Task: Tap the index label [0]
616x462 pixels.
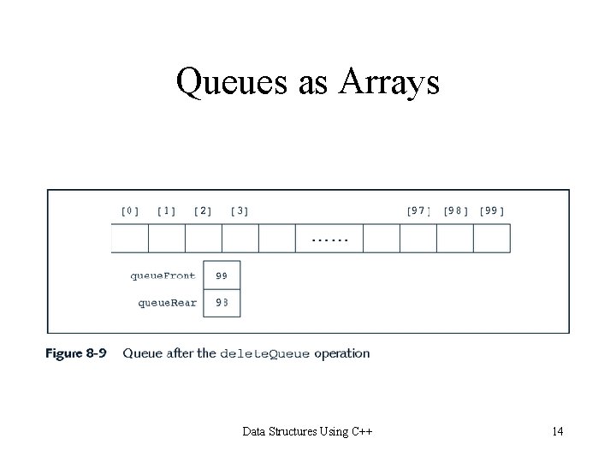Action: pos(131,210)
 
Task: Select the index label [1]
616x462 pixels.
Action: pos(167,210)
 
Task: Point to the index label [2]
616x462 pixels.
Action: pos(204,210)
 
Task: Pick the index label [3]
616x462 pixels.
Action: pos(240,210)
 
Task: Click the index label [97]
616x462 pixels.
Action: pos(418,210)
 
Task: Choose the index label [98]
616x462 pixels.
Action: pos(455,210)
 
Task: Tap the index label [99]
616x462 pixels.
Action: pos(492,210)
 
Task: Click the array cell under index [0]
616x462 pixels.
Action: pos(130,239)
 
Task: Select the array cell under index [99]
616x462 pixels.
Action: pos(492,239)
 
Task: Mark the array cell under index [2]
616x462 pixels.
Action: pos(204,239)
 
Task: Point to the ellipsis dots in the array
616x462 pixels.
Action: pos(329,240)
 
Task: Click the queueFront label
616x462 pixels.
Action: pos(163,275)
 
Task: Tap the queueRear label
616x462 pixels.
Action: pos(167,302)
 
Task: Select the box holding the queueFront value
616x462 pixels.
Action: pos(222,275)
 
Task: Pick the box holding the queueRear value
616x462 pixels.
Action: pos(222,303)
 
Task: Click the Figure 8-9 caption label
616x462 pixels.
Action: pos(77,352)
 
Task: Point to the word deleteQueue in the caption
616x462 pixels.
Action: pos(265,352)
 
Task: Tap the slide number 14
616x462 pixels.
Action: pos(557,431)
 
